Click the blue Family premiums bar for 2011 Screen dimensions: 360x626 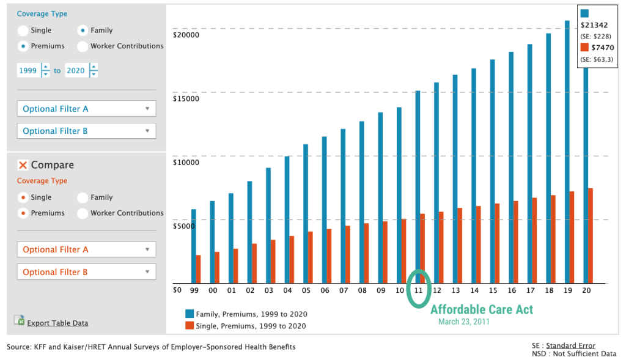[418, 186]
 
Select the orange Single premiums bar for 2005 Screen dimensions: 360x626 [310, 257]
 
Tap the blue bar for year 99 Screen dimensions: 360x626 [194, 246]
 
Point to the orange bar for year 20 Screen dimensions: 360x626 [590, 235]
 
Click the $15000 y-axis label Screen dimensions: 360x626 [186, 98]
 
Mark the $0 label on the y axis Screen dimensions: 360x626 [177, 290]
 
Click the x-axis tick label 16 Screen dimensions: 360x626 [512, 290]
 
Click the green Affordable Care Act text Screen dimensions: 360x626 [482, 309]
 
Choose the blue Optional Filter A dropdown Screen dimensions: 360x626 [86, 109]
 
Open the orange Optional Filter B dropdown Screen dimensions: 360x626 [86, 272]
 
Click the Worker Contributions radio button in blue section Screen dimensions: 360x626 [83, 46]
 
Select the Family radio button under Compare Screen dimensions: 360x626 [83, 197]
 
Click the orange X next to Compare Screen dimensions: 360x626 [23, 165]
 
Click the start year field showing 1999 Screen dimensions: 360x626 [28, 71]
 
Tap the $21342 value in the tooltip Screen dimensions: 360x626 [596, 24]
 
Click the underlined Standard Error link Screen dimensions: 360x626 [570, 346]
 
